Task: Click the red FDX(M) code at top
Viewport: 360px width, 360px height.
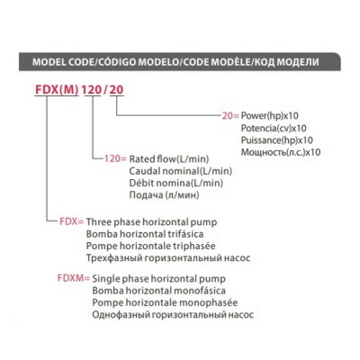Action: (x=57, y=89)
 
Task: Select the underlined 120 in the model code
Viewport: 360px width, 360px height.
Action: (x=92, y=89)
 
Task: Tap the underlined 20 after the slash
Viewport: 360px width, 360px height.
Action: (x=116, y=89)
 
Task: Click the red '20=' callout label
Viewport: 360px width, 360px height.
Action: (x=230, y=115)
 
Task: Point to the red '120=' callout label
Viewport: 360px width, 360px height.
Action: (x=115, y=158)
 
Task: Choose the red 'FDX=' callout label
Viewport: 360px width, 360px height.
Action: (x=72, y=221)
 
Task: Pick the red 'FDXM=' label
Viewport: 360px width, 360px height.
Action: (x=74, y=278)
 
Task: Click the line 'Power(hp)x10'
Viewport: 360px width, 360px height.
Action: (x=270, y=116)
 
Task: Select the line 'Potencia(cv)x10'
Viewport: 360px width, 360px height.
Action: (x=274, y=128)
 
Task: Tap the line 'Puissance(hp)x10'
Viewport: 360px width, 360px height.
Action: (x=277, y=140)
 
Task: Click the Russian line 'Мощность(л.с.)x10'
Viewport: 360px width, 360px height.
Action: (x=281, y=152)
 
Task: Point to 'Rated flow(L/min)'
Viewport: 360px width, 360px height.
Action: (x=169, y=159)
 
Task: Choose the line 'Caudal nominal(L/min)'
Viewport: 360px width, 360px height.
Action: (x=181, y=171)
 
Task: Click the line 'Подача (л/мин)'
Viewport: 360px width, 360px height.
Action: (x=164, y=195)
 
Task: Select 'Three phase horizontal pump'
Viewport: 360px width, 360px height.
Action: (x=151, y=222)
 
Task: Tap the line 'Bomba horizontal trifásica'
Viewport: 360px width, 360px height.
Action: (x=145, y=234)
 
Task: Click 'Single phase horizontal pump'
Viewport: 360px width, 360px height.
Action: (x=158, y=279)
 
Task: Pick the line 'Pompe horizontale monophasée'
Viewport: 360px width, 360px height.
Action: (x=165, y=302)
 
